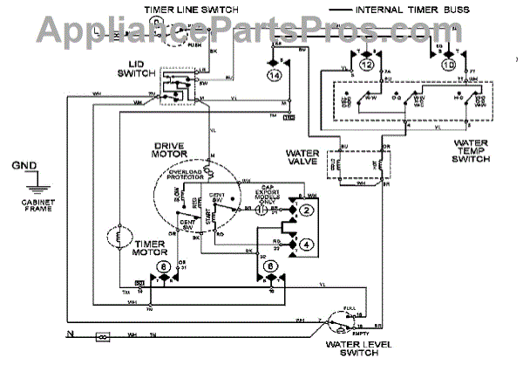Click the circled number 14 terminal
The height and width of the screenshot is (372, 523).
tap(276, 77)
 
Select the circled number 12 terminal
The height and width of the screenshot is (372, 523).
tap(366, 65)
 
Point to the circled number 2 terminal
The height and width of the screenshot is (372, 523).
tap(306, 210)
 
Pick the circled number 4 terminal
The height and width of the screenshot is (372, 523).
tap(306, 245)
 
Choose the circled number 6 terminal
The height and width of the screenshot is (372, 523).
tap(271, 265)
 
